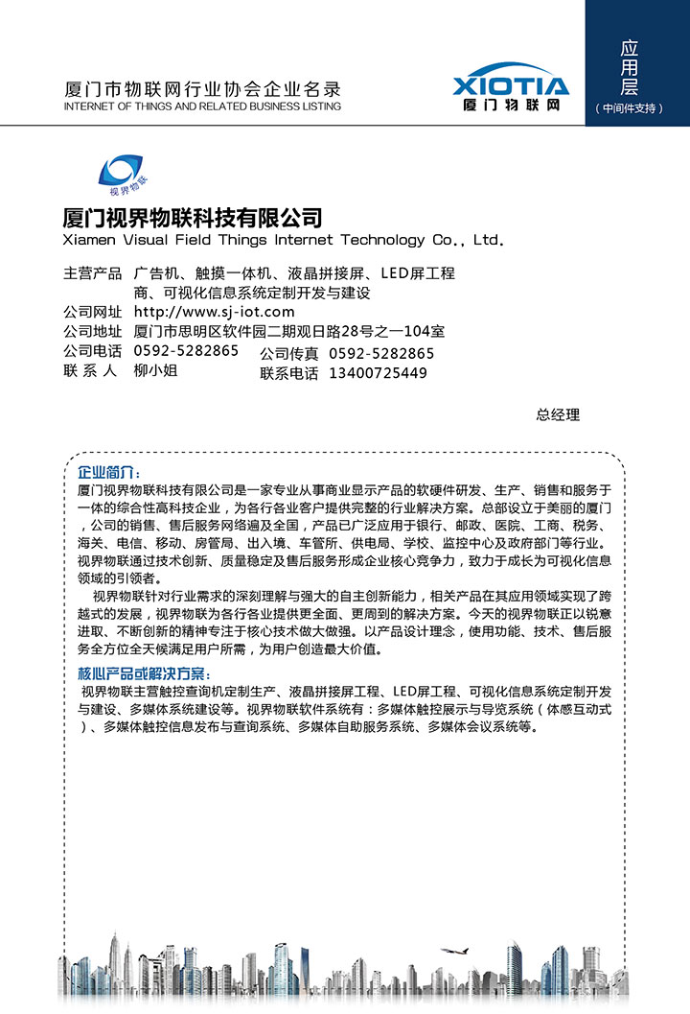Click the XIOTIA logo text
tap(511, 84)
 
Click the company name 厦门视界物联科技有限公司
tap(192, 217)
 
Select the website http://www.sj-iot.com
tap(214, 312)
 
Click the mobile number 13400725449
tap(378, 373)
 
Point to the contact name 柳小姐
tap(155, 370)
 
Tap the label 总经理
tap(558, 415)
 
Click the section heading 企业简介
tap(109, 473)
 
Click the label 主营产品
tap(93, 273)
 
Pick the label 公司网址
tap(93, 312)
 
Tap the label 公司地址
tap(93, 332)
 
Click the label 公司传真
tap(288, 354)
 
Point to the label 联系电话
tap(288, 374)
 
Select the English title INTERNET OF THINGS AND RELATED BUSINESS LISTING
tap(201, 106)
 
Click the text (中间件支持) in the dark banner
tap(630, 108)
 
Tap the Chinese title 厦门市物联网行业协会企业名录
tap(201, 89)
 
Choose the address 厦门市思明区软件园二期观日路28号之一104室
tap(288, 332)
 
